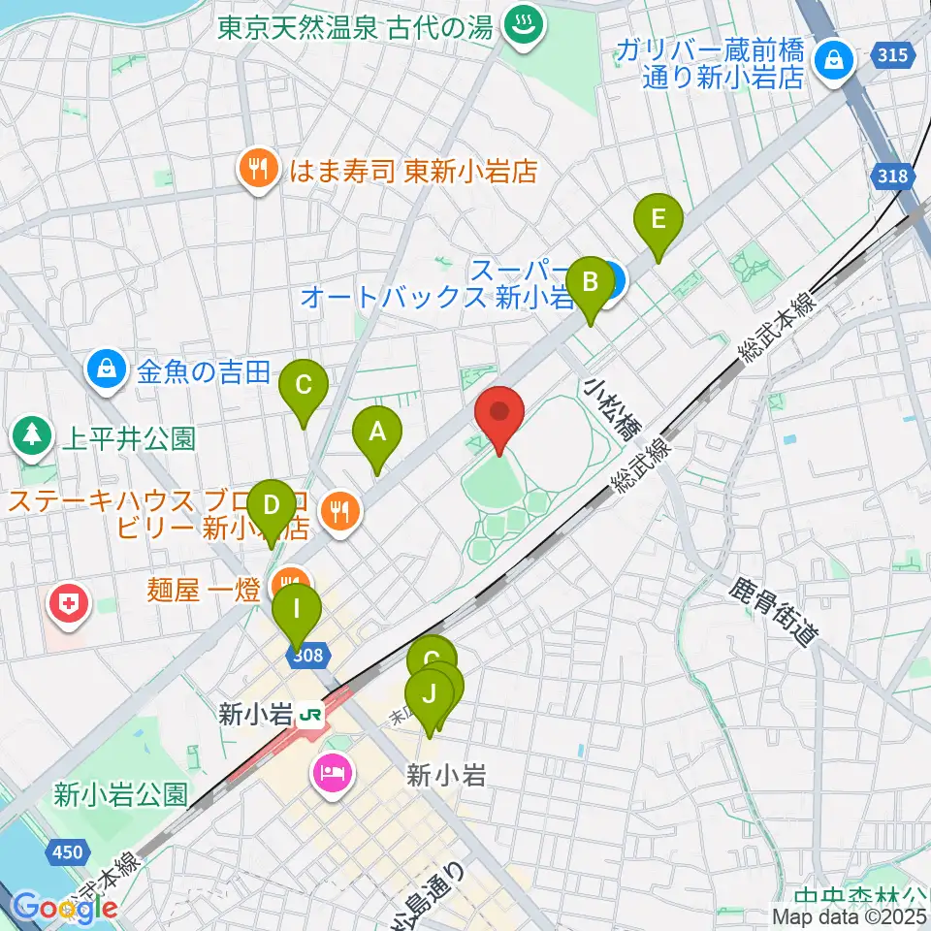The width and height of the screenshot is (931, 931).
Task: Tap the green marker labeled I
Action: coord(296,613)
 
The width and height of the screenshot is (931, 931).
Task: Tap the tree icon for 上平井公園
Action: coord(34,436)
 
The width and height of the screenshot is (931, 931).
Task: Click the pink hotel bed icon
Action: coord(331,772)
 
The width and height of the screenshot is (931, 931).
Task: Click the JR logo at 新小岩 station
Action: coord(311,715)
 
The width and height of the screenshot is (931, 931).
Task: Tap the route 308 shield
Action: coord(305,657)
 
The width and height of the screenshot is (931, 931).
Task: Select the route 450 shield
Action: coord(67,851)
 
